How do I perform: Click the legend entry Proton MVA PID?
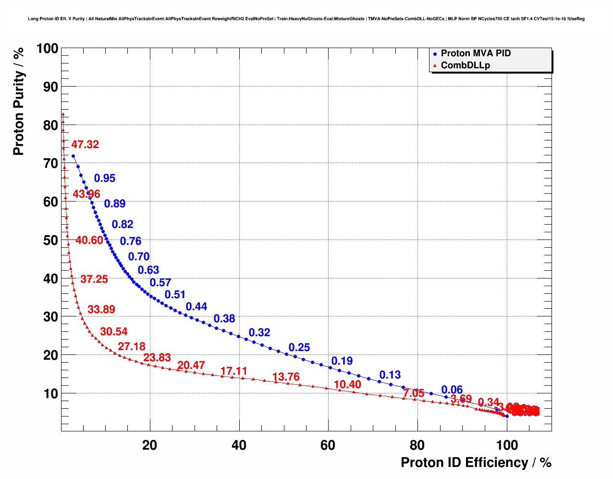tap(475, 53)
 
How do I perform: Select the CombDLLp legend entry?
tap(465, 65)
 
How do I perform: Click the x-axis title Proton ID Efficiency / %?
tap(476, 463)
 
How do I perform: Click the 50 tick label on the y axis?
tap(50, 240)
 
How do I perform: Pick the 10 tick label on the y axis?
tap(50, 393)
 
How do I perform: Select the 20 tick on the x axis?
tap(150, 445)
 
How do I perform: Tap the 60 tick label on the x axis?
tap(328, 445)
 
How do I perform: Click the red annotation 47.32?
tap(85, 145)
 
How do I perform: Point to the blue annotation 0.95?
tap(105, 178)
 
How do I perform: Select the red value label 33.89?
tap(101, 310)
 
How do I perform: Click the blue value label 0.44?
tap(196, 307)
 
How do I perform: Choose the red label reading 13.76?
tap(286, 377)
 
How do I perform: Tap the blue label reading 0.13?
tap(390, 375)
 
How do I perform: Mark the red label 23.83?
tap(157, 358)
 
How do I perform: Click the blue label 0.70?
tap(139, 257)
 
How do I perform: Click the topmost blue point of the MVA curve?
tap(73, 156)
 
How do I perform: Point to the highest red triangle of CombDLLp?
tap(63, 114)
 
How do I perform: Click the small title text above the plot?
tap(306, 19)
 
